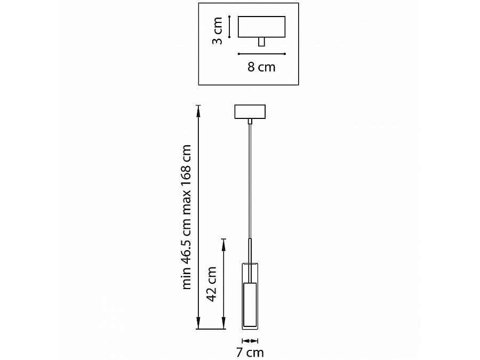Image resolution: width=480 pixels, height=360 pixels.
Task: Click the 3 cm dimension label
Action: click(218, 30)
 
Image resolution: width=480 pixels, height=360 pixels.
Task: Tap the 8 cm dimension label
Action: click(261, 67)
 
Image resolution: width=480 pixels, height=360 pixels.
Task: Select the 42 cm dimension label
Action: click(212, 284)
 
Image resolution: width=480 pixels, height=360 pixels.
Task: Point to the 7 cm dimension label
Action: click(250, 353)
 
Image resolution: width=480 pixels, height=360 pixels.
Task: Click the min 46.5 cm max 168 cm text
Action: click(187, 217)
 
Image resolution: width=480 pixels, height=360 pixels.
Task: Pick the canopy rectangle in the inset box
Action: click(262, 27)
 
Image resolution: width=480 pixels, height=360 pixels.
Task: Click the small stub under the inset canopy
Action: click(261, 42)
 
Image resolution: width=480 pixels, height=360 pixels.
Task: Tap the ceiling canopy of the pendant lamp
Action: click(250, 112)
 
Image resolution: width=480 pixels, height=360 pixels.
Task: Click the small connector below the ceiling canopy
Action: click(250, 122)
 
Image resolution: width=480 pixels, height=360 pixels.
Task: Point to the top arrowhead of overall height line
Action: click(198, 111)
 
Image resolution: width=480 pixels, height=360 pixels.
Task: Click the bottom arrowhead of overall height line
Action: click(198, 323)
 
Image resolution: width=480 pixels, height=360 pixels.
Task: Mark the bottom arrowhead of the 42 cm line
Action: click(224, 323)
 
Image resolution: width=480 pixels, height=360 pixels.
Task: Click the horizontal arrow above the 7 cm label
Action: click(250, 341)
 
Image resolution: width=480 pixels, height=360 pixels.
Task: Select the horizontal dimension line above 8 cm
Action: click(262, 54)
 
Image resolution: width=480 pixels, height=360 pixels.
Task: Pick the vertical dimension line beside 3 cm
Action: click(229, 27)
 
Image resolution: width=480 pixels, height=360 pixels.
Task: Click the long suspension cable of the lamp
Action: click(250, 181)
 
